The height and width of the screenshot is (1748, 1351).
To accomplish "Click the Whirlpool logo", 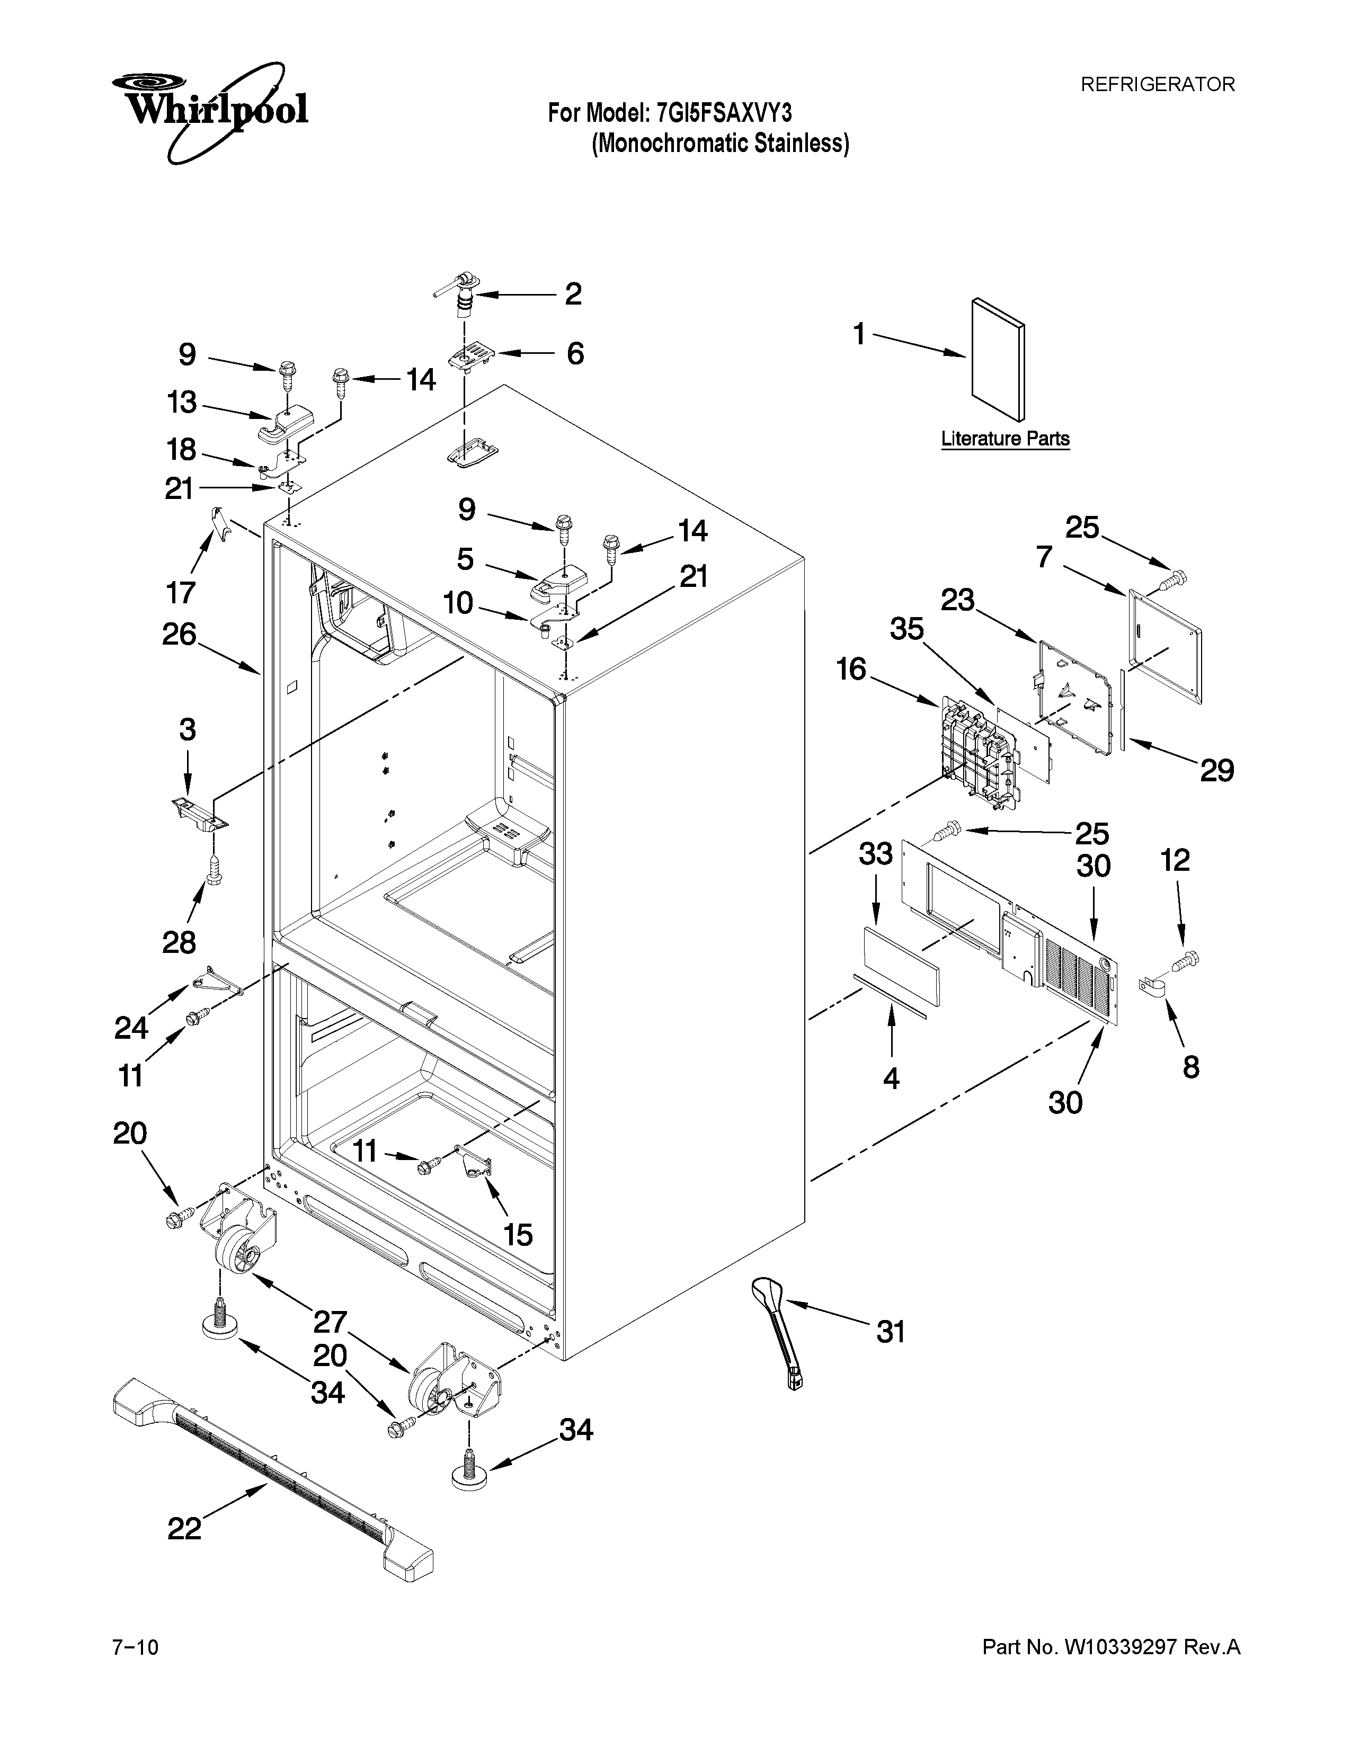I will point(210,111).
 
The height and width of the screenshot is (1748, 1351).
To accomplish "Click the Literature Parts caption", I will point(1005,439).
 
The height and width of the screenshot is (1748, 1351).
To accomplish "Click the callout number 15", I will point(518,1234).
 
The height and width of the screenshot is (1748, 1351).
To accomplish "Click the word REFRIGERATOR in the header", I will point(1157,84).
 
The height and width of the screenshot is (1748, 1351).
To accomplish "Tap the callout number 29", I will point(1216,770).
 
